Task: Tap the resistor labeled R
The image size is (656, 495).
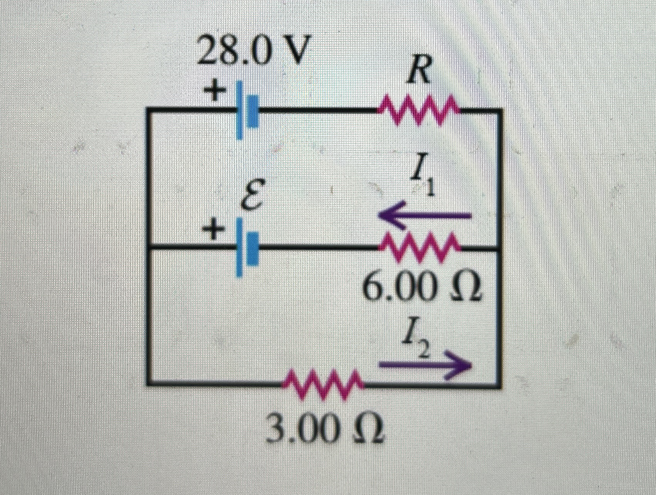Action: [418, 110]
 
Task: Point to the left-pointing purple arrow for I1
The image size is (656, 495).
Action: [425, 216]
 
